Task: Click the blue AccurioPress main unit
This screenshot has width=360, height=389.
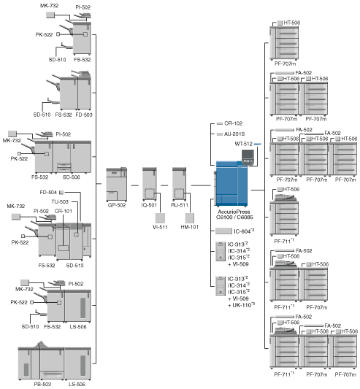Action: pos(231,184)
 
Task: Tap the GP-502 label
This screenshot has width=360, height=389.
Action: pos(117,205)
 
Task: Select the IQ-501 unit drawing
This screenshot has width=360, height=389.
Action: pos(150,184)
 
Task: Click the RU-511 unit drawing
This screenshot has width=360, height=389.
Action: pos(179,184)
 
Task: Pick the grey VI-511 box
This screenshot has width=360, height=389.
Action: pos(160,217)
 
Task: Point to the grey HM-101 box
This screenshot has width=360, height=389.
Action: pos(190,217)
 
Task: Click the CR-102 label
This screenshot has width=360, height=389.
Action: pos(234,123)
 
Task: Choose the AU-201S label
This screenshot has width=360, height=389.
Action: pos(234,134)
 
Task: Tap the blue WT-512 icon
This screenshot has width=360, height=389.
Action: pos(258,144)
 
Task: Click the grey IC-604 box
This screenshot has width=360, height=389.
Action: pos(223,231)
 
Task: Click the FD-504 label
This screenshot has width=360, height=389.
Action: pos(48,192)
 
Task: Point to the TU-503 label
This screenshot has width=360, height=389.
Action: pos(60,201)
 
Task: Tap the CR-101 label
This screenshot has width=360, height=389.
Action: pos(64,211)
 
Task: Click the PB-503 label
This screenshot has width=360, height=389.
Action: pos(42,384)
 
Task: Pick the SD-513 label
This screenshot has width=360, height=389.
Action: pos(74,266)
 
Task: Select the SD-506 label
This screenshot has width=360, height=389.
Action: pos(72,177)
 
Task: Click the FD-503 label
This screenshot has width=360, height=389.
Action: pos(84,115)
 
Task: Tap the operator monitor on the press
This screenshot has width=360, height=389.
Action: pos(248,155)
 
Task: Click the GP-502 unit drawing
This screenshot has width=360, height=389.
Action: pos(117,184)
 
